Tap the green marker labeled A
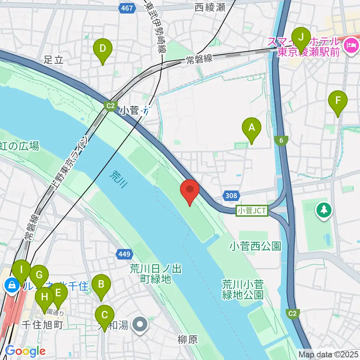pos(252,129)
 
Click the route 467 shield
pos(127,8)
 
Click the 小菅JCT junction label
pos(252,211)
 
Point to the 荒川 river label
pos(119,179)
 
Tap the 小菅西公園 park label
pos(256,246)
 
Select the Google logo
pos(25,351)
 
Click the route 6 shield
pos(280,140)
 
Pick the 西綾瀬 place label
pos(210,7)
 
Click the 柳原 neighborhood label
pos(187,340)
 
